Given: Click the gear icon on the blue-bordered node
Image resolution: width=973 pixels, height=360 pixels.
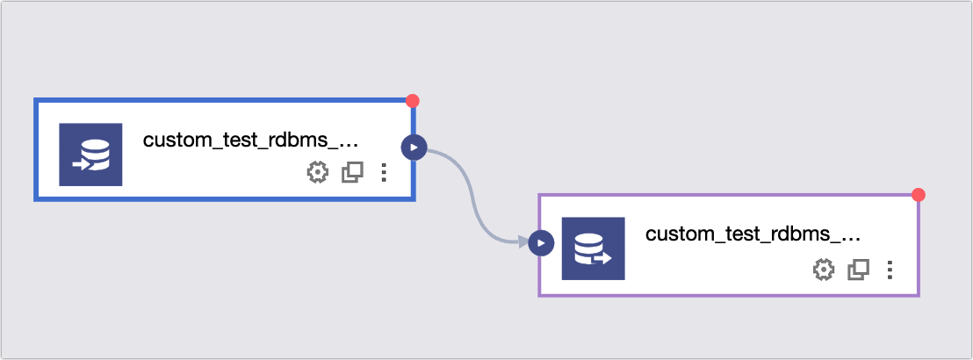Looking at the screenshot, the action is (x=318, y=172).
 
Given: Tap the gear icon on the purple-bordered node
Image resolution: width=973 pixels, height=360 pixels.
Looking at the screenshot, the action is (x=824, y=270).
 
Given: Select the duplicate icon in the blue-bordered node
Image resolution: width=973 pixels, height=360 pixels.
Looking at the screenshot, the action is (x=352, y=172).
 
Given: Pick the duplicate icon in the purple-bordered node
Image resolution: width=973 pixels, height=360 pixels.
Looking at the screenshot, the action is (x=858, y=270).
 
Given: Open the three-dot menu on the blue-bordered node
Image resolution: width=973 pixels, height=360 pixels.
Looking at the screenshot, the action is (x=384, y=172).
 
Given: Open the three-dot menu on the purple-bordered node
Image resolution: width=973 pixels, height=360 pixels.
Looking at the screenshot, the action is (x=890, y=270).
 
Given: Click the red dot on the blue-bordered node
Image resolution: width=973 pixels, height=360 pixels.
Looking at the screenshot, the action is (x=412, y=101).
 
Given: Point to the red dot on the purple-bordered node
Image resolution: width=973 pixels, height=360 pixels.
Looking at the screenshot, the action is (x=919, y=195).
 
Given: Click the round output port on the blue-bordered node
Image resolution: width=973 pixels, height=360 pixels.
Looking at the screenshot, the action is (x=414, y=148).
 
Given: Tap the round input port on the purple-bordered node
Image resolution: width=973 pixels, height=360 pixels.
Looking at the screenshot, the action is (x=541, y=243).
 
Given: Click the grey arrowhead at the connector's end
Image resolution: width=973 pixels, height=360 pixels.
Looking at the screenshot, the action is (x=523, y=242).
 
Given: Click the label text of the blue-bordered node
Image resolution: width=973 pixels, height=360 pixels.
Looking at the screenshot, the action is (x=250, y=140).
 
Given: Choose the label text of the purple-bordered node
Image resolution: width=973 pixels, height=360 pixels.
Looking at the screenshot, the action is (x=753, y=234).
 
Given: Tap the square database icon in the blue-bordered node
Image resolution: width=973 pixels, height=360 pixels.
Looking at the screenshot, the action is (x=90, y=155).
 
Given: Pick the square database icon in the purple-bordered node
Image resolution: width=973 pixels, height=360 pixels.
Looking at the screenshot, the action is (x=594, y=248).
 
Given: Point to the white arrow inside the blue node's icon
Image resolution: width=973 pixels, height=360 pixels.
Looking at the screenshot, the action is (x=82, y=165).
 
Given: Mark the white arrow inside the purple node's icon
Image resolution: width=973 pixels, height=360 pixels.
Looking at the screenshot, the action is (x=602, y=258).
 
